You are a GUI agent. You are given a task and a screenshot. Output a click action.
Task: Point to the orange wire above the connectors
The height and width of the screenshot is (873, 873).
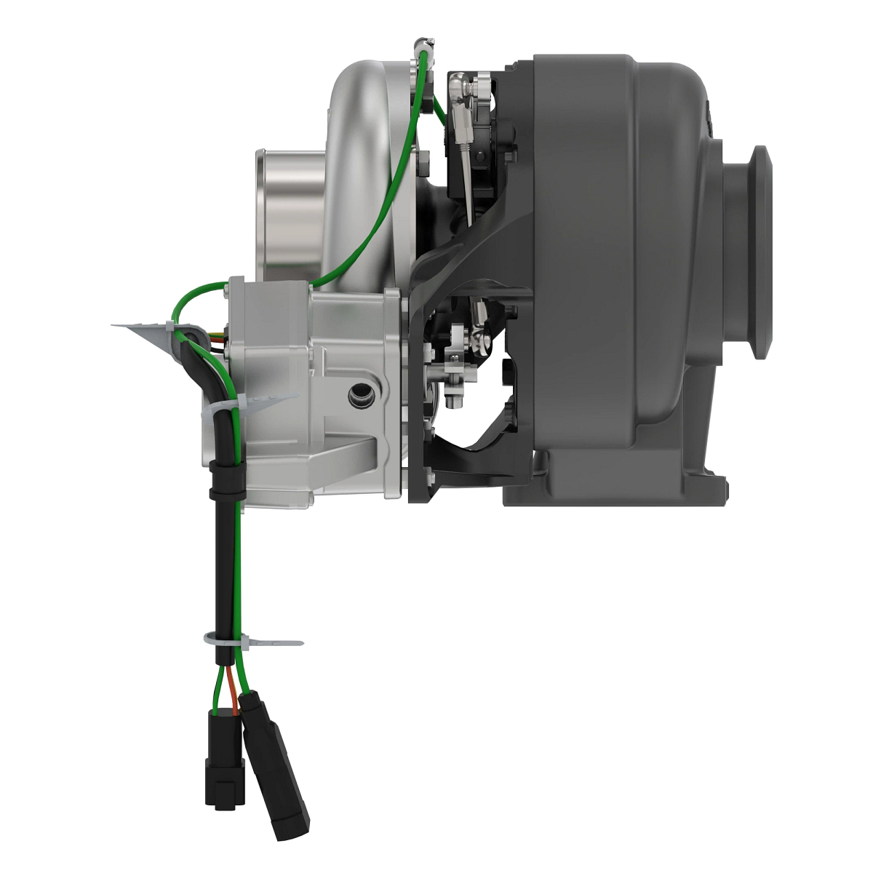(232, 684)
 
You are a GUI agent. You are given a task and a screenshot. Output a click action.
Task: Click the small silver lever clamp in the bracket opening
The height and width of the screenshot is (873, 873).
(455, 364)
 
